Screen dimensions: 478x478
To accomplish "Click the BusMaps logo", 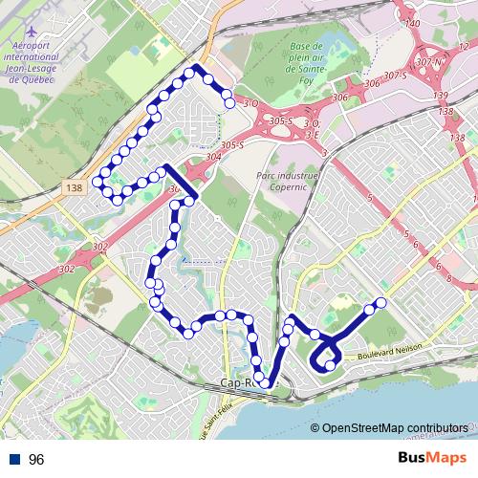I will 426,459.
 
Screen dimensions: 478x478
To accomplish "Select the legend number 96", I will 36,460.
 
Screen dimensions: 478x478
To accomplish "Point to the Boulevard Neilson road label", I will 389,351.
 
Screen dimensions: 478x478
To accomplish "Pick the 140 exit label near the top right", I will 413,23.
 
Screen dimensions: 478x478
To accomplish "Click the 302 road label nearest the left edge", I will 66,270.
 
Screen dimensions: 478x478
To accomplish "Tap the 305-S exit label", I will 280,121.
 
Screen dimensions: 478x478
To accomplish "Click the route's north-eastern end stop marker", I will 228,101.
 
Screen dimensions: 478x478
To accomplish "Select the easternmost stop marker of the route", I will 380,303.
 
